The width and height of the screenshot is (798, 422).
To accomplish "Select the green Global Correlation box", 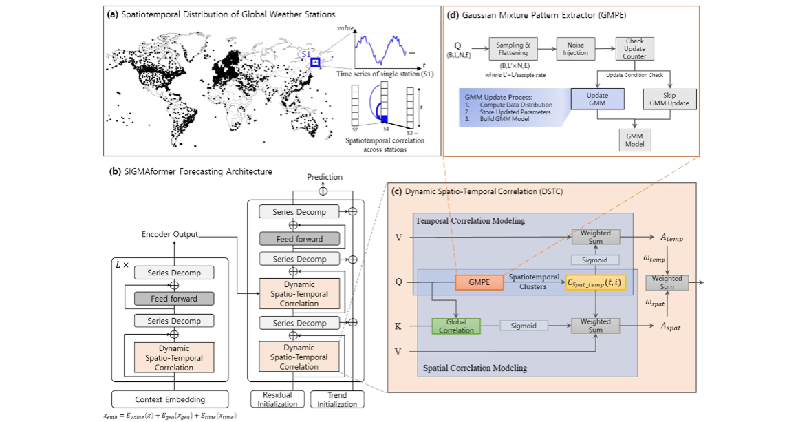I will click(456, 326).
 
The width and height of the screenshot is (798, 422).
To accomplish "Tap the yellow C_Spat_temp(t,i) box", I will click(595, 282).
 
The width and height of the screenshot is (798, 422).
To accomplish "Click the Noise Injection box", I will click(576, 48).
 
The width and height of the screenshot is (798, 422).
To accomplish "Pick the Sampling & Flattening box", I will click(513, 48).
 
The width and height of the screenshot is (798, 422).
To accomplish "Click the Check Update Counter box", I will click(634, 48).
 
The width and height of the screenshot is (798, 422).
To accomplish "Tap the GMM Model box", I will click(634, 140).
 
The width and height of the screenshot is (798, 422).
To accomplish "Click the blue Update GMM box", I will click(597, 98).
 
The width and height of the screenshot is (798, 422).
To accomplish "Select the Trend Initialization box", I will click(337, 399).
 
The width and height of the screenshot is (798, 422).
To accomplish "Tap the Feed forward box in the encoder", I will click(174, 299).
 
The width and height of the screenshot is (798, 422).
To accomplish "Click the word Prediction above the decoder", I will click(324, 177).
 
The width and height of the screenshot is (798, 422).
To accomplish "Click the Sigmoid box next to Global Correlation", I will click(524, 326).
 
